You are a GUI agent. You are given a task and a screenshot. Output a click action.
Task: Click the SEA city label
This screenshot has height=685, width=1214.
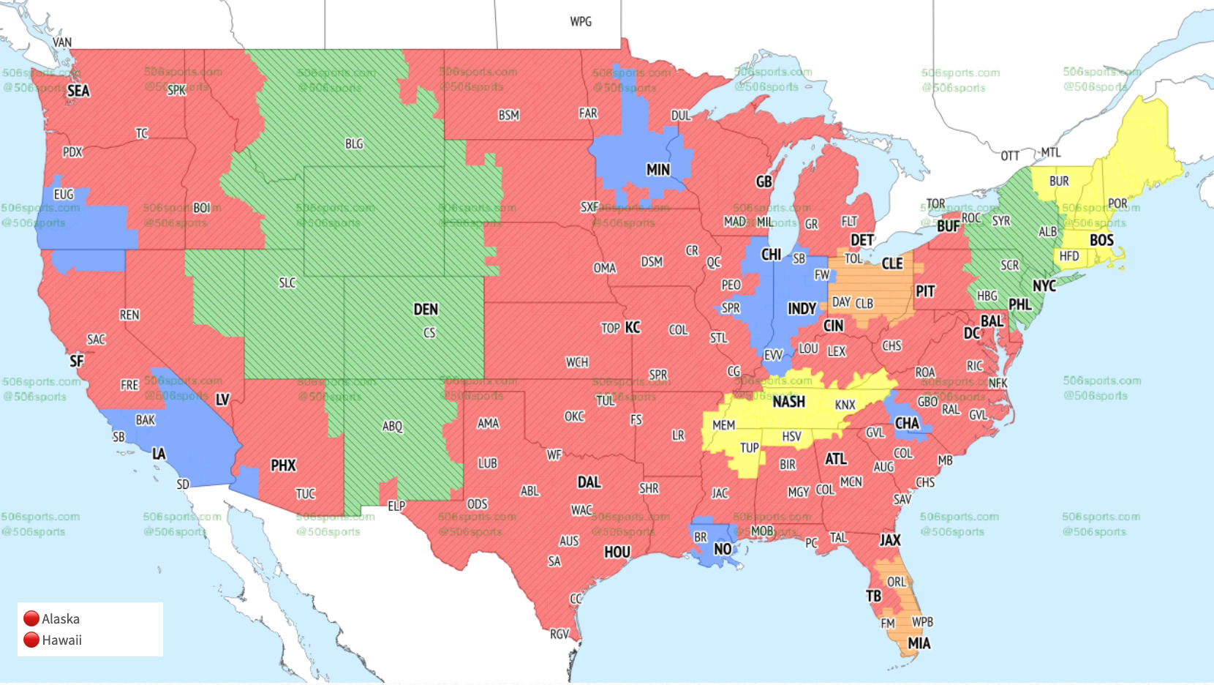click(x=78, y=91)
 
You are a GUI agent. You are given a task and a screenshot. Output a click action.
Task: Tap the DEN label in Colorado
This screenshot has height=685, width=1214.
click(x=426, y=310)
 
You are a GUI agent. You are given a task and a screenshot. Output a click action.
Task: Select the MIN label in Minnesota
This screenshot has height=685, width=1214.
click(x=657, y=170)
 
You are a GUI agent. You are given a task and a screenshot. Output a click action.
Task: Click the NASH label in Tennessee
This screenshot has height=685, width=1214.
click(x=788, y=402)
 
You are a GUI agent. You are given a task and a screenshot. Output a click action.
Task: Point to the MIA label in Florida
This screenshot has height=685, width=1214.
click(x=919, y=643)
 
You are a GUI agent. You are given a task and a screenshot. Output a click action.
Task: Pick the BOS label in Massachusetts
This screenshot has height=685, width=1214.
click(x=1101, y=240)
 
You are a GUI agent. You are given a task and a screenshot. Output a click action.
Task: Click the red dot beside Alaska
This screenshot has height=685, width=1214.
click(x=31, y=619)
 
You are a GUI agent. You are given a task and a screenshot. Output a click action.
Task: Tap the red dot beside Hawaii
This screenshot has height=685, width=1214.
click(x=31, y=640)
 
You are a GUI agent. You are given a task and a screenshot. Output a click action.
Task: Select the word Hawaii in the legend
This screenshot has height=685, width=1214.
click(x=62, y=640)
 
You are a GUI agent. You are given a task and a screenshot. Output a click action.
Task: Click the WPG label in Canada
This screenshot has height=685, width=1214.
click(x=581, y=21)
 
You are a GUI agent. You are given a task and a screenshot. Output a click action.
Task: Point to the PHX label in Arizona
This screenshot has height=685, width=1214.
click(x=283, y=465)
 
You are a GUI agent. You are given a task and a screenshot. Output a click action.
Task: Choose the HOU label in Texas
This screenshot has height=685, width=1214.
click(x=617, y=553)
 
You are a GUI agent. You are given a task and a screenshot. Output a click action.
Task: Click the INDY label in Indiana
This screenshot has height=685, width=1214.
click(x=802, y=309)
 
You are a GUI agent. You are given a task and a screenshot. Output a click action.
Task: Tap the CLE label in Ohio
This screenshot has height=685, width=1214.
click(x=892, y=263)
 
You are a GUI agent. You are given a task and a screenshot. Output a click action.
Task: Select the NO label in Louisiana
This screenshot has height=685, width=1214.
click(x=723, y=550)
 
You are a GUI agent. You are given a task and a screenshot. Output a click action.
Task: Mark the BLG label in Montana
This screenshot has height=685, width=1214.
click(x=354, y=144)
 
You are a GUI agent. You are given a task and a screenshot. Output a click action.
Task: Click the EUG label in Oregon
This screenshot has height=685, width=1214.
click(x=64, y=195)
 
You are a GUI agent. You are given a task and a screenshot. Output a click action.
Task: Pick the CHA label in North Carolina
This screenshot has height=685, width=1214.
click(x=907, y=423)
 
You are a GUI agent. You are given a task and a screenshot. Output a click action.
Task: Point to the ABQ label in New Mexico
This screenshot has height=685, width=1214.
click(x=392, y=427)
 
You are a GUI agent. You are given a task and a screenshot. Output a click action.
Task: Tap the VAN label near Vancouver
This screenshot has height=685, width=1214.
click(x=62, y=42)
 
